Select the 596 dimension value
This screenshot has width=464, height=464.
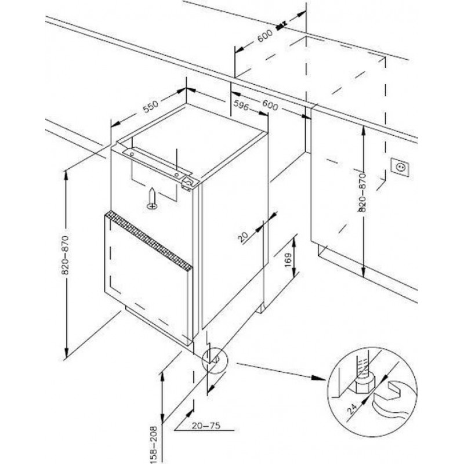[242, 104]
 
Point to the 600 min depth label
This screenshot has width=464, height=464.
[264, 35]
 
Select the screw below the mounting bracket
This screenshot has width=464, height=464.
[152, 198]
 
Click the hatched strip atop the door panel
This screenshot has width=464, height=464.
[147, 241]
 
